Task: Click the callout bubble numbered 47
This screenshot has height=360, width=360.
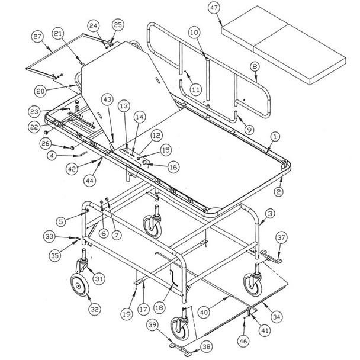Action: pyautogui.click(x=214, y=8)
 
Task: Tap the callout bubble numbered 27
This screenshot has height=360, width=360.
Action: pyautogui.click(x=38, y=37)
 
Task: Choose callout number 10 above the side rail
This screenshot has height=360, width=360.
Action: pyautogui.click(x=194, y=33)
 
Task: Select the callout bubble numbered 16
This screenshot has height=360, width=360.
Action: pyautogui.click(x=173, y=168)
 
